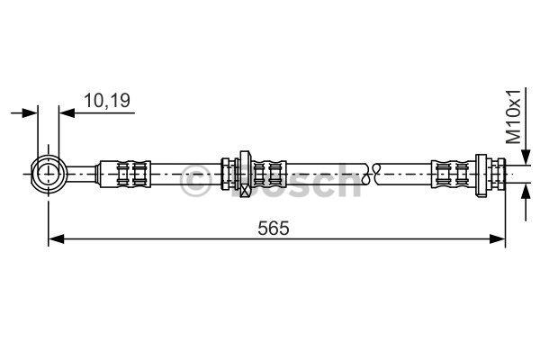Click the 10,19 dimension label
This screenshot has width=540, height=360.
[107, 101]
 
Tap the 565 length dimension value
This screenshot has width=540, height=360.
[274, 228]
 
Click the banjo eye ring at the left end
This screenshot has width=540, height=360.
[49, 174]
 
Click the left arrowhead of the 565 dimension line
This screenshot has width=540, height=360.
[56, 238]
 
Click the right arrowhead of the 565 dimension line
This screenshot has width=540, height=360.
[498, 238]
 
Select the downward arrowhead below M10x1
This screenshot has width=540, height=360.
[526, 157]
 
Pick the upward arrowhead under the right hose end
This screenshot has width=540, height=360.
[526, 192]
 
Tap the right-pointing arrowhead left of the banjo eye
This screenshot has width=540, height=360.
[30, 112]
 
